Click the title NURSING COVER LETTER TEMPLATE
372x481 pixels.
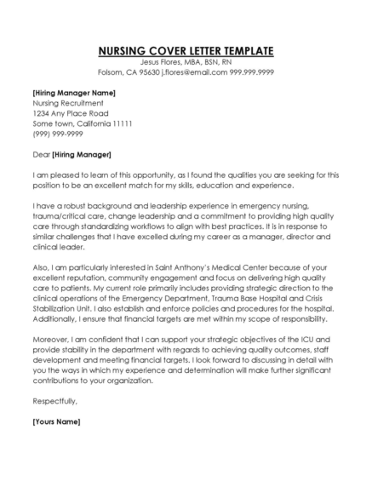(x=186, y=50)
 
